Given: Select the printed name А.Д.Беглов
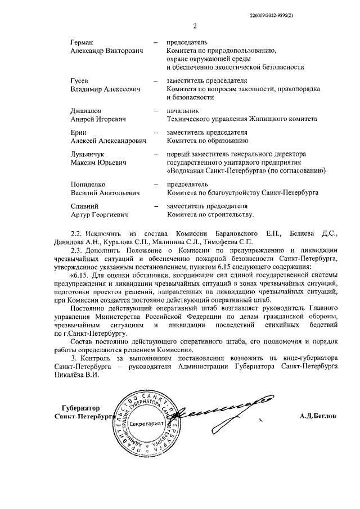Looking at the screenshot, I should click(x=318, y=416).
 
